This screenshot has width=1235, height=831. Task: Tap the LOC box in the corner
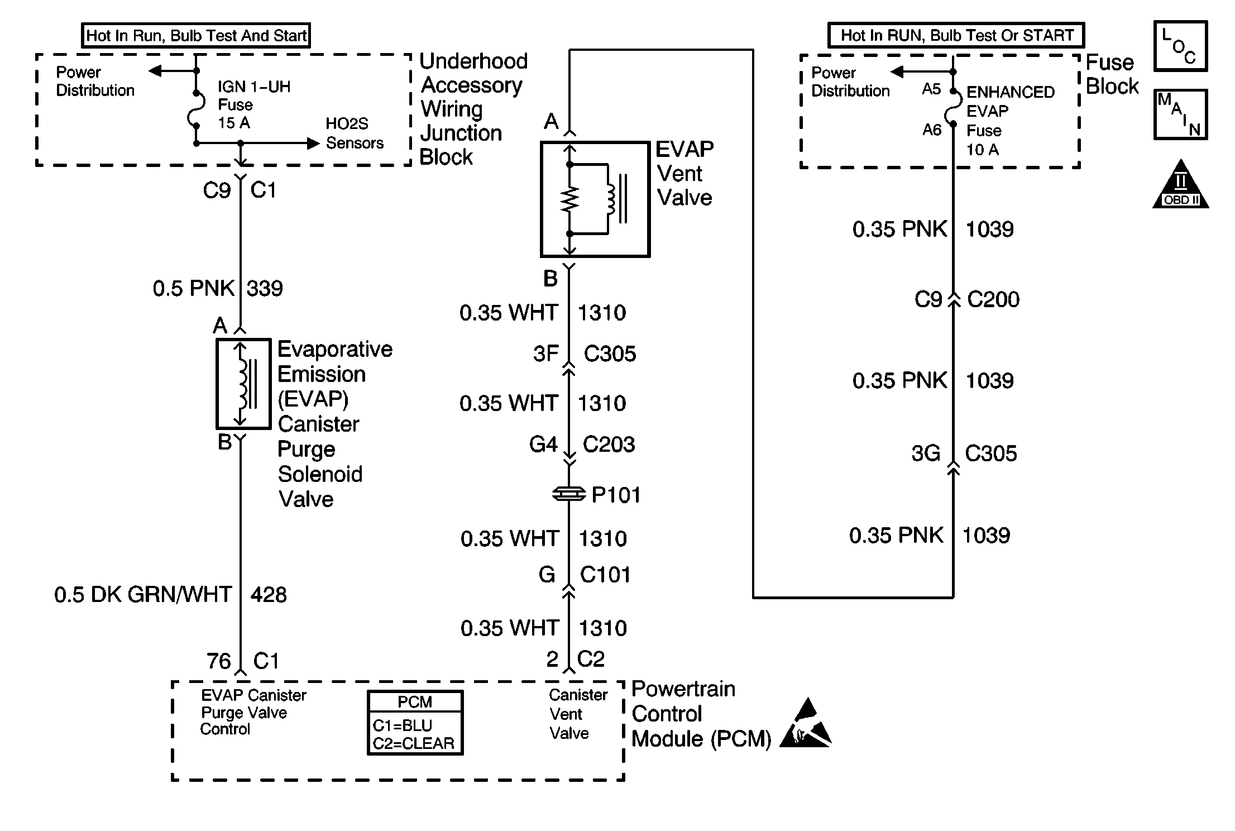(1180, 46)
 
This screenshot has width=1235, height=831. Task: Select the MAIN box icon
(1180, 114)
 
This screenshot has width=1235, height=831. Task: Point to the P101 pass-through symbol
(569, 494)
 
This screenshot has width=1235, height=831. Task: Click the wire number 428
(269, 595)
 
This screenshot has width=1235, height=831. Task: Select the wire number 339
(265, 289)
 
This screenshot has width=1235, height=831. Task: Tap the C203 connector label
(609, 445)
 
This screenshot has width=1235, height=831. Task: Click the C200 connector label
(993, 300)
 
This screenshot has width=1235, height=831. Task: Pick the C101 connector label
(605, 575)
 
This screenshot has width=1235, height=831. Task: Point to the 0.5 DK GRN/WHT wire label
(143, 595)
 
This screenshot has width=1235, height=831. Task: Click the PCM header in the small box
(415, 702)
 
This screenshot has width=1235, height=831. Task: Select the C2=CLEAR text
(414, 744)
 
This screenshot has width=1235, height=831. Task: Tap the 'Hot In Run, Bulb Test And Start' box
(196, 36)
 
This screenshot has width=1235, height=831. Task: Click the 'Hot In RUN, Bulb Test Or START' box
(956, 36)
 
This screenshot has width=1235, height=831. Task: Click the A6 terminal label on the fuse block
(932, 130)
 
